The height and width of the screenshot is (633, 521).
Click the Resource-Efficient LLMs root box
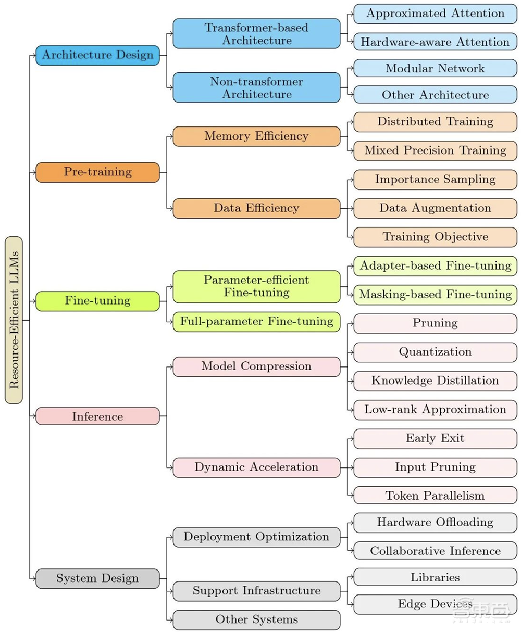click(14, 320)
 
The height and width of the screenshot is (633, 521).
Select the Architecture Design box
click(97, 55)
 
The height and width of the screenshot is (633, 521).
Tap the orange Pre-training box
click(97, 172)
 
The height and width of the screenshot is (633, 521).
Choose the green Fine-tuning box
click(97, 301)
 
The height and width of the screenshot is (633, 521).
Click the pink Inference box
click(97, 416)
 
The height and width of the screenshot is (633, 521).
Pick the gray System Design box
click(97, 578)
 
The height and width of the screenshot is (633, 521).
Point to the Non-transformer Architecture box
click(256, 88)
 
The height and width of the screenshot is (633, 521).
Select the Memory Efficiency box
click(256, 136)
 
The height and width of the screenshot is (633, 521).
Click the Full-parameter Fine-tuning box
click(256, 321)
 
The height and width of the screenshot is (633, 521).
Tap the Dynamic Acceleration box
click(256, 467)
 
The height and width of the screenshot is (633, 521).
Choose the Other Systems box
click(256, 619)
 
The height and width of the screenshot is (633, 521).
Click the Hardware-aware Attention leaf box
click(435, 42)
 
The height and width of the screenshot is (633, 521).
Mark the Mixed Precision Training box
click(435, 150)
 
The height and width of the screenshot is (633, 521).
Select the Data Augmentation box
click(435, 208)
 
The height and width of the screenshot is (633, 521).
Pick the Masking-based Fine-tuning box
click(435, 294)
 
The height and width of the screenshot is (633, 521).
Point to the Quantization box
click(435, 352)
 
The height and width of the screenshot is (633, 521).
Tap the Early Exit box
click(435, 438)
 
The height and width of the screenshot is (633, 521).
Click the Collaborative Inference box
click(435, 551)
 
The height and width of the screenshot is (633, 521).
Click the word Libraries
click(435, 577)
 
